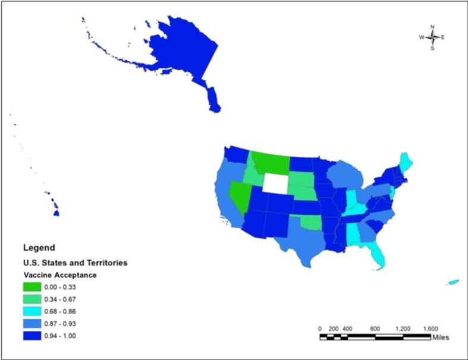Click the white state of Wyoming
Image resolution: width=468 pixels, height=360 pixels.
coord(275,183)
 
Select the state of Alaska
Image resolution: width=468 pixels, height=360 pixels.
coord(178,54)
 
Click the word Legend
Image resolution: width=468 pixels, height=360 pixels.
coord(39,247)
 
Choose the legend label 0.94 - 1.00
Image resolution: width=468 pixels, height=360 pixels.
coord(70,336)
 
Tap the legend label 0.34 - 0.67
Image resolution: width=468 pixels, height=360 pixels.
coord(70,299)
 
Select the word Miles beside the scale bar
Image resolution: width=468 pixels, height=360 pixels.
coord(441,337)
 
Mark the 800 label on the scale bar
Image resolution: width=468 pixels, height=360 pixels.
coord(375,328)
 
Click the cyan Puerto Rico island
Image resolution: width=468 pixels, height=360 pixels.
coord(453,282)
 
